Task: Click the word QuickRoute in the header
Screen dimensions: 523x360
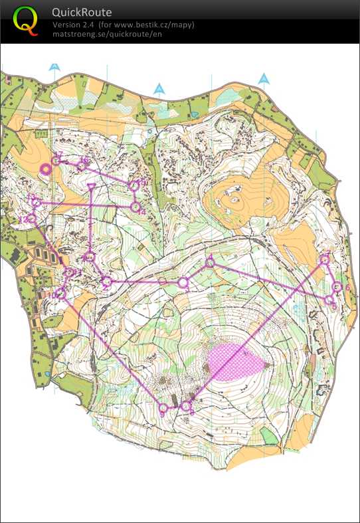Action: point(82,13)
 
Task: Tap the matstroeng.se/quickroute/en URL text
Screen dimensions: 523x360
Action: point(106,34)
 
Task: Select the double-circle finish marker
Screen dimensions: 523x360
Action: point(46,169)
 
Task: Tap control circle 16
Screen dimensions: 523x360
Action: point(81,164)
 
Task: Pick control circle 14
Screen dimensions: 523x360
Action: point(135,207)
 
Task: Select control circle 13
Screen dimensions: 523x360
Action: point(36,202)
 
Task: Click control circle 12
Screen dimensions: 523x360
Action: point(31,219)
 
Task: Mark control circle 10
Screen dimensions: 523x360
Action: point(61,293)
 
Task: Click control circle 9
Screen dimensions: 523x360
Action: point(163,407)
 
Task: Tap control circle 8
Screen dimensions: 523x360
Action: point(186,405)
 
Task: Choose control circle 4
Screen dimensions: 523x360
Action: point(210,263)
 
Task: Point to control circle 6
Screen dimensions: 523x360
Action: point(337,287)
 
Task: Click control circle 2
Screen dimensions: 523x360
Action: point(106,282)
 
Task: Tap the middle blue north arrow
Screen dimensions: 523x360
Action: point(159,88)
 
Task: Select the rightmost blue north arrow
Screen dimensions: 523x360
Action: point(264,78)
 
